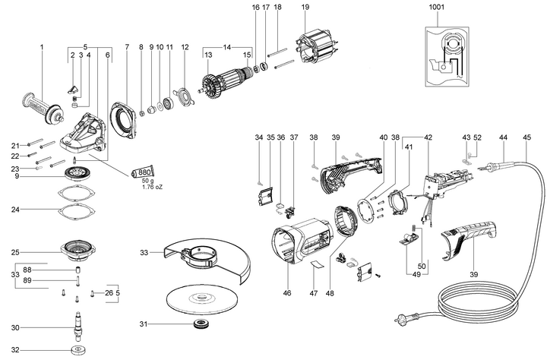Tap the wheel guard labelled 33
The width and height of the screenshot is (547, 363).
click(204, 262)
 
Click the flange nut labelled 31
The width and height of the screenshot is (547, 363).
click(201, 325)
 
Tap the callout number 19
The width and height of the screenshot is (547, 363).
click(305, 8)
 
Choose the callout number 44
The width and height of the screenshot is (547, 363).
click(502, 137)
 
